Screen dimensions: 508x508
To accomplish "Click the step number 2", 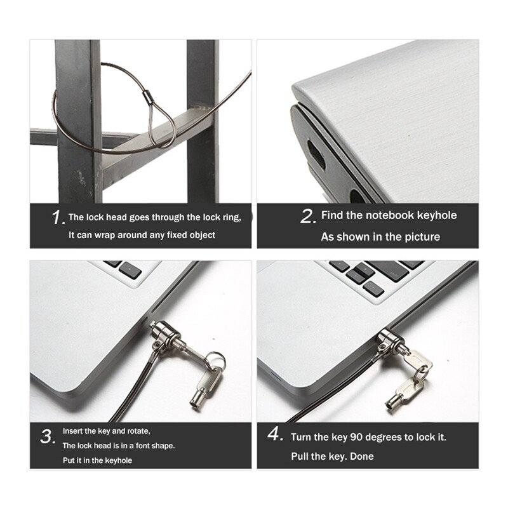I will click(307, 217).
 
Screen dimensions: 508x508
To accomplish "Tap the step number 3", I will click(47, 438).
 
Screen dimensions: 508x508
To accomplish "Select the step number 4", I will click(274, 436).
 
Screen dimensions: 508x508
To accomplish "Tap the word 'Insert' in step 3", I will click(72, 431).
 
